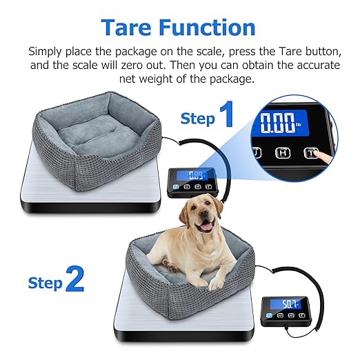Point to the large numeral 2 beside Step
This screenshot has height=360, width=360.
(x=74, y=280)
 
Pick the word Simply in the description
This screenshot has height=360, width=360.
(x=50, y=52)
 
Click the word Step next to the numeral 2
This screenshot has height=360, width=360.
(x=45, y=282)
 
